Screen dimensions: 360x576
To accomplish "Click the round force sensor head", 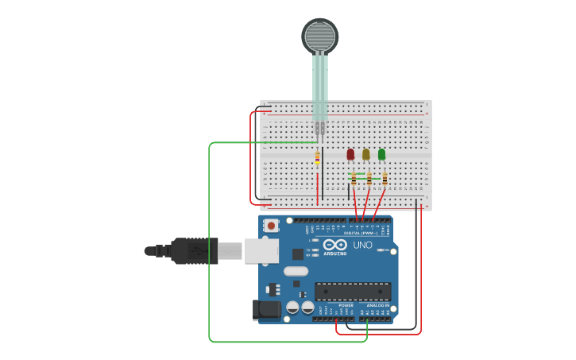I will (x=319, y=36).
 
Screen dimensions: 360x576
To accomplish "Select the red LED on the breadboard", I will (x=350, y=154).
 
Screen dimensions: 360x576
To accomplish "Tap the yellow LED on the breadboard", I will (x=366, y=154).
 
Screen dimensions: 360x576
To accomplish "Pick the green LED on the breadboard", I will (x=382, y=154).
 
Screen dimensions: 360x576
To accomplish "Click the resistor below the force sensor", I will (x=318, y=157).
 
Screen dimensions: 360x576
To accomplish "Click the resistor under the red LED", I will (x=354, y=180).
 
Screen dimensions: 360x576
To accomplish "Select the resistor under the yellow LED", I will (x=369, y=180).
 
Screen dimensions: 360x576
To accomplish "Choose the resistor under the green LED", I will (x=385, y=180).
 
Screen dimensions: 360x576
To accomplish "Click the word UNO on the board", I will (x=362, y=245).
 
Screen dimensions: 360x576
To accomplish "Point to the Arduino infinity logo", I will (x=334, y=245).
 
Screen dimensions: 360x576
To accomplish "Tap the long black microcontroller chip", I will (x=353, y=292).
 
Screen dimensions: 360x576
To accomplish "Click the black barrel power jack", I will (x=266, y=310).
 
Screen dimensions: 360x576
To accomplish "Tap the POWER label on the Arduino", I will (x=346, y=305).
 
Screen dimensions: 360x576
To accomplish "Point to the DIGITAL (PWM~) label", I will (x=362, y=233).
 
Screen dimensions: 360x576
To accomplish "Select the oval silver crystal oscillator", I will (x=296, y=271).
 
